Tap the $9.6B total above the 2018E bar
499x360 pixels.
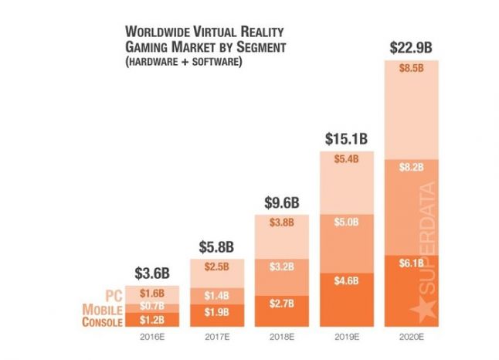tap(280, 202)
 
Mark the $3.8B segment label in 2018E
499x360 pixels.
tap(281, 223)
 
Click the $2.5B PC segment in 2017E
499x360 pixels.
tap(216, 267)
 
